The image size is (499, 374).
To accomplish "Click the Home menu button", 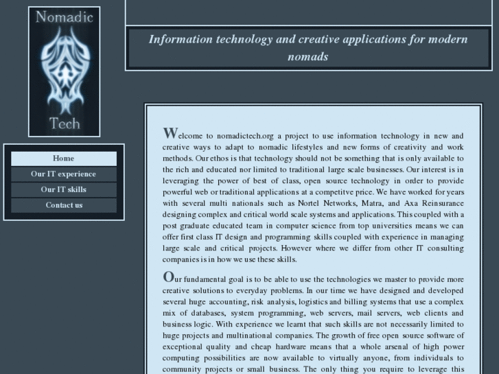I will [x=63, y=159].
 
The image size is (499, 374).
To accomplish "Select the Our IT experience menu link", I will [x=63, y=174].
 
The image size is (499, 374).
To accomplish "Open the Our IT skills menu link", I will [x=63, y=189].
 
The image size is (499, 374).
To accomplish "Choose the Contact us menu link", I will [x=63, y=205].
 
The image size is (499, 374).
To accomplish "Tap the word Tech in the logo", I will [x=65, y=124].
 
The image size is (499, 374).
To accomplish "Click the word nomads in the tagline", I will [x=308, y=56].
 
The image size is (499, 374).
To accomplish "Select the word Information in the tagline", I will [x=181, y=38].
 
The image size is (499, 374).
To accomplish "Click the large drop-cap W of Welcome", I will [x=170, y=132].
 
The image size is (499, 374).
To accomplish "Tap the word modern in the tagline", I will [x=448, y=38].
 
